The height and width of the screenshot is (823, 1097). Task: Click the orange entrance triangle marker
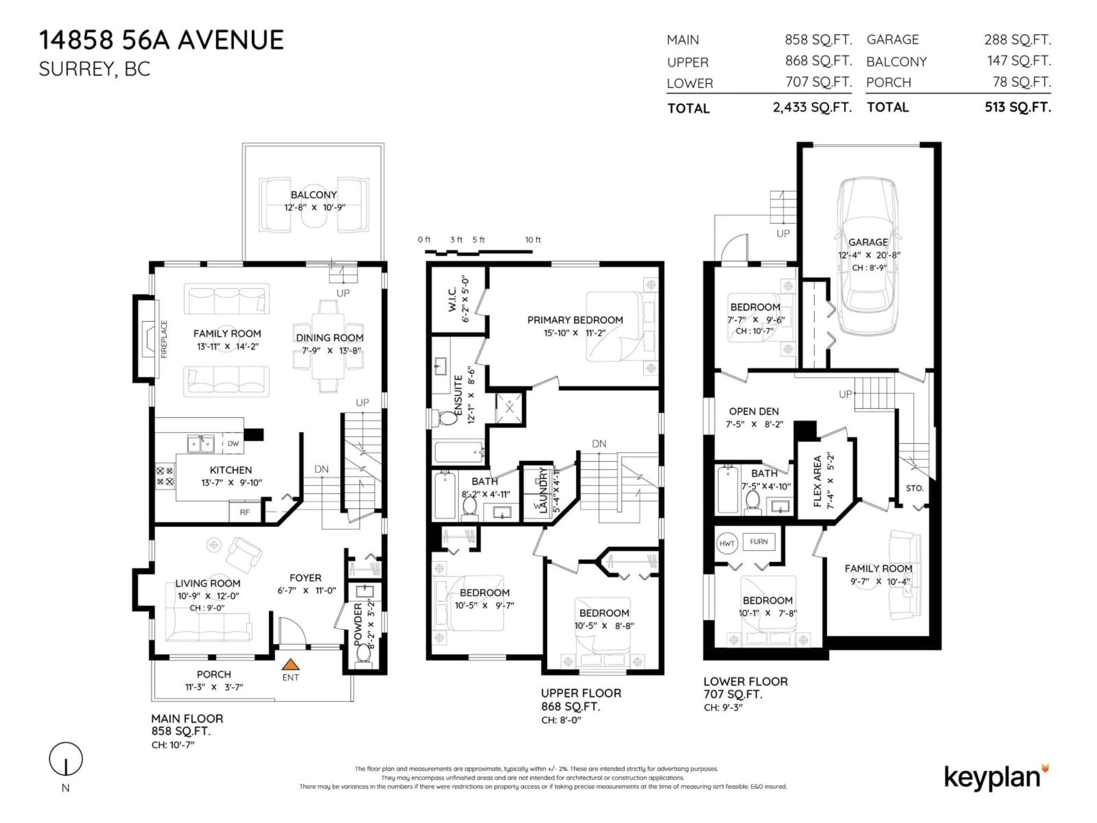[290, 664]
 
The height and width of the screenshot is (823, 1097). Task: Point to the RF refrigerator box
[245, 512]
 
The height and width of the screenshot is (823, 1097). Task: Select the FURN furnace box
[759, 542]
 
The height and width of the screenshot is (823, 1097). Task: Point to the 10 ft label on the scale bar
[533, 239]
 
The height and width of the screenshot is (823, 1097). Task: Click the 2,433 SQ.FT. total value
[812, 107]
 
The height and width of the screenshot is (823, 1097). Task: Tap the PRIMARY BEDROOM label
[575, 320]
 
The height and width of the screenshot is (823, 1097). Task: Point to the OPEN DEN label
[753, 411]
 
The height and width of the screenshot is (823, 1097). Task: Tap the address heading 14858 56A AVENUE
[162, 40]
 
